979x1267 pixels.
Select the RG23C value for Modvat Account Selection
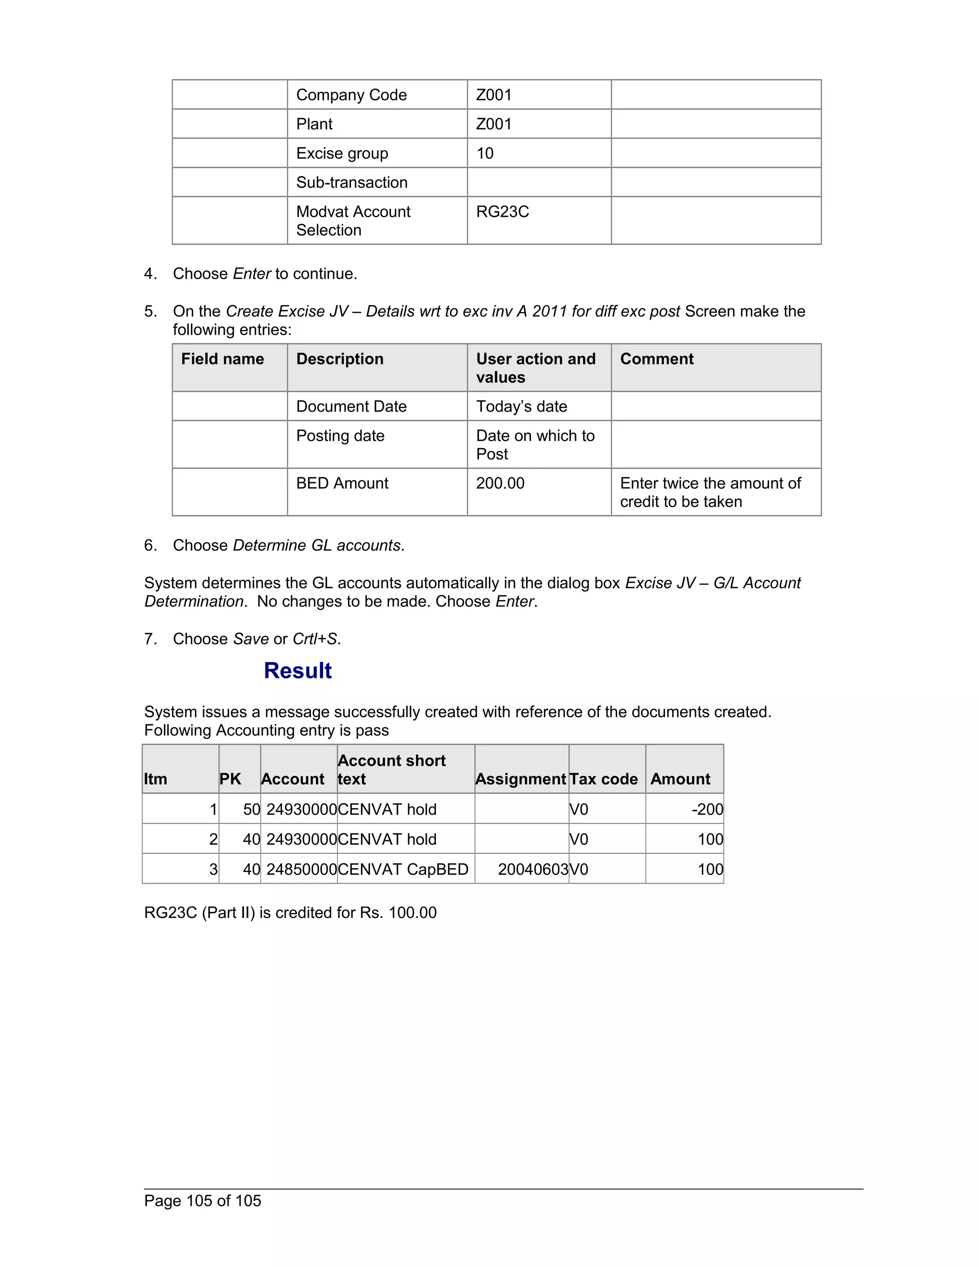pyautogui.click(x=502, y=212)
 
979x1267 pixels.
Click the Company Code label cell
pyautogui.click(x=351, y=95)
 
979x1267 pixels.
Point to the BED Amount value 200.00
pyautogui.click(x=500, y=483)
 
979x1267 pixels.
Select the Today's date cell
pyautogui.click(x=522, y=407)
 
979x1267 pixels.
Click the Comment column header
pyautogui.click(x=656, y=359)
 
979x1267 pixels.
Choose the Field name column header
pyautogui.click(x=222, y=359)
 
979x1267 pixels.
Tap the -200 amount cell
pyautogui.click(x=707, y=809)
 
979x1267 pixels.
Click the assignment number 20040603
pyautogui.click(x=533, y=870)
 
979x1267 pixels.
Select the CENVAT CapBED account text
pyautogui.click(x=403, y=870)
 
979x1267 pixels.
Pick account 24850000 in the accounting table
pyautogui.click(x=301, y=870)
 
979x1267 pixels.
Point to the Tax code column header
pyautogui.click(x=603, y=779)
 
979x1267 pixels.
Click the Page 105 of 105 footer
pyautogui.click(x=202, y=1201)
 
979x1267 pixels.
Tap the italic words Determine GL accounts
pyautogui.click(x=316, y=546)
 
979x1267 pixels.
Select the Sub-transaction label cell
pyautogui.click(x=351, y=182)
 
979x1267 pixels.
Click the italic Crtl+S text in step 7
pyautogui.click(x=315, y=639)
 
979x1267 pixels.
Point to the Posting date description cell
pyautogui.click(x=340, y=436)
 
